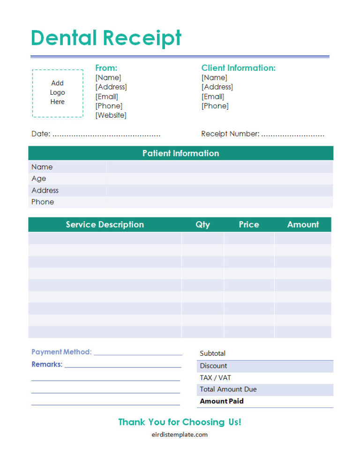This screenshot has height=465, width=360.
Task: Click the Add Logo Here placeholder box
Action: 58,93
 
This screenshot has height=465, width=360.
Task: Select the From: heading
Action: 106,68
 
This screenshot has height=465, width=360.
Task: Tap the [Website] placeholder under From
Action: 111,115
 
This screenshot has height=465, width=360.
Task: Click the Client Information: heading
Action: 238,68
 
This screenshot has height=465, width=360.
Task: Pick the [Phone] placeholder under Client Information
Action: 215,106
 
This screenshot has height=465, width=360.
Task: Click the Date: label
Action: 41,134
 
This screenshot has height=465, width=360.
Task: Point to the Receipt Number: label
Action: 230,134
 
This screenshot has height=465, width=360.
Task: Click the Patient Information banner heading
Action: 180,153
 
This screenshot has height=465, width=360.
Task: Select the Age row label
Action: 39,179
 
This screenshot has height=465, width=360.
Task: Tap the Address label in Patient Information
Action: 45,190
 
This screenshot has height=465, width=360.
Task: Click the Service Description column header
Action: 105,225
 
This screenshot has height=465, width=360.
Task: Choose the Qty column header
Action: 202,225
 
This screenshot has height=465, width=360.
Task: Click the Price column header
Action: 249,225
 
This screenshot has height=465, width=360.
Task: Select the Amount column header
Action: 303,225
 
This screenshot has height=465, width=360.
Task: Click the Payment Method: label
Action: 61,352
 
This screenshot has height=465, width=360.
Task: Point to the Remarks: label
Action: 47,364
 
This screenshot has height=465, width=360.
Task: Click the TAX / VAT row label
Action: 215,378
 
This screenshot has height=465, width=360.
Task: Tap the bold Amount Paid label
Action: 222,401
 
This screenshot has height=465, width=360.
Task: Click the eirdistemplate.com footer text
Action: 180,435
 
